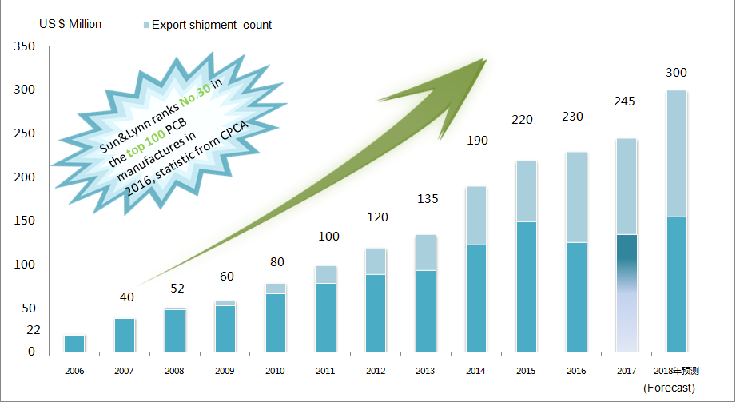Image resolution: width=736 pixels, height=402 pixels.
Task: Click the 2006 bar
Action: (x=74, y=343)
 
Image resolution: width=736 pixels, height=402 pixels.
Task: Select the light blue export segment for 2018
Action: (x=676, y=153)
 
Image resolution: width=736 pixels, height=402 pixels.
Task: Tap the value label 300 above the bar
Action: (x=676, y=73)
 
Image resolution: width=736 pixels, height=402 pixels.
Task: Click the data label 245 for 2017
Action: (x=625, y=101)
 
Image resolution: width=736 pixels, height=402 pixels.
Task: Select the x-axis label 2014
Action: (x=475, y=372)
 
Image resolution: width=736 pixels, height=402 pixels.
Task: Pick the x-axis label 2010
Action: (x=275, y=372)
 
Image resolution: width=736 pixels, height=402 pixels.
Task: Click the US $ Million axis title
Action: (x=70, y=24)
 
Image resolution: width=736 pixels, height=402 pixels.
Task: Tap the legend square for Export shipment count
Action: (x=145, y=26)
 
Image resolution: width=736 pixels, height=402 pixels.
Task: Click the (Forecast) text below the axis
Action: (x=669, y=388)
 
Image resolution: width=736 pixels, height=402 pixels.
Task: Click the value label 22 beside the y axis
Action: (x=33, y=330)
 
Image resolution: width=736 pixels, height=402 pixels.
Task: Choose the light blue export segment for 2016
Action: (x=575, y=197)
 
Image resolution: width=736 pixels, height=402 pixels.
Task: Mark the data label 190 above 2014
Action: (x=476, y=141)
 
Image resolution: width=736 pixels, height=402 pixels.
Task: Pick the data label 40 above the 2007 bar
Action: (x=126, y=297)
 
